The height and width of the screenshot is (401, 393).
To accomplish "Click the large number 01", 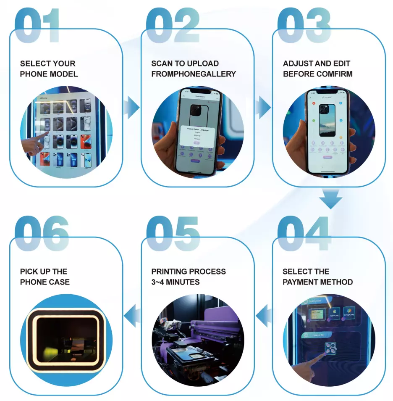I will tap(38, 25).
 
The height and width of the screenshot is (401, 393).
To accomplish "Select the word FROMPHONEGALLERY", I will tap(194, 74).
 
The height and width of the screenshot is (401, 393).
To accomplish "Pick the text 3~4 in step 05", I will tap(158, 282).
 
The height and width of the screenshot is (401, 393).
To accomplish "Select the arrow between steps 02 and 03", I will tap(264, 108).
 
